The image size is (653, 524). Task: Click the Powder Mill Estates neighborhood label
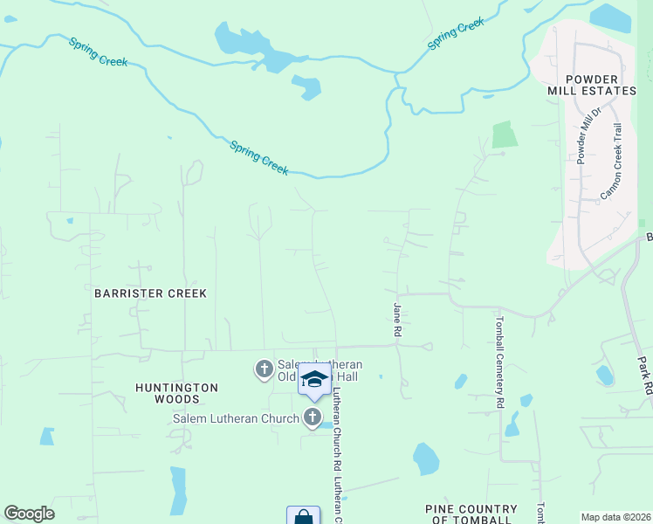[591, 84]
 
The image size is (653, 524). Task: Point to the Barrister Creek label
[150, 293]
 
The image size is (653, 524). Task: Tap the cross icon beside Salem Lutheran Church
[313, 418]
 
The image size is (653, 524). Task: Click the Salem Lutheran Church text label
[236, 418]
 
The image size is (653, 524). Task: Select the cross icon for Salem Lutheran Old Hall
[264, 369]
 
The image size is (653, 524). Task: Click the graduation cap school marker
[314, 380]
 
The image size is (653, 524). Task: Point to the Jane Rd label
[397, 315]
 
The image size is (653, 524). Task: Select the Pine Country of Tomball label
[471, 514]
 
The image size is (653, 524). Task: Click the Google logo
[29, 514]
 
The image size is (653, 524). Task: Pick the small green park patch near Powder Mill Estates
[504, 134]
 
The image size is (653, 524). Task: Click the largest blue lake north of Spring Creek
[253, 48]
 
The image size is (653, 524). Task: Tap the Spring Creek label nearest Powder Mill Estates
[456, 35]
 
